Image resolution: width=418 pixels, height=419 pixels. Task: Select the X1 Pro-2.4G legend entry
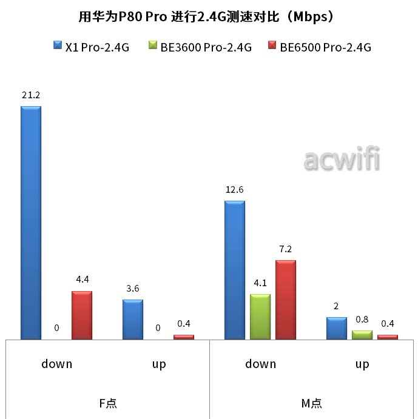92,47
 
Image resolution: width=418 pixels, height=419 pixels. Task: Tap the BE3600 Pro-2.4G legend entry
200,47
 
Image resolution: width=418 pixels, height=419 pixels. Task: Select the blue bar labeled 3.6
133,320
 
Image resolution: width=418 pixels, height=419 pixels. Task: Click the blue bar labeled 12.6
235,270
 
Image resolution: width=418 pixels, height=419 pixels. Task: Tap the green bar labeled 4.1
260,317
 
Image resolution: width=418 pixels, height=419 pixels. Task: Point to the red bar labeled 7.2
286,300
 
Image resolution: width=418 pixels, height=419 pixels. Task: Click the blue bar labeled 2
337,328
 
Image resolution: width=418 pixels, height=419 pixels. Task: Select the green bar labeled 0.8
362,335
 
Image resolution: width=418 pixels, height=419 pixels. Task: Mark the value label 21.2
31,96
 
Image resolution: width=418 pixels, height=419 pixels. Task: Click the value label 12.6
235,190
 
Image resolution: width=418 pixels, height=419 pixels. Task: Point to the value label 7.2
286,249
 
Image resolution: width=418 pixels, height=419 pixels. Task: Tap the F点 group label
107,403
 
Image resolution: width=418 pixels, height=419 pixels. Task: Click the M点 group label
312,403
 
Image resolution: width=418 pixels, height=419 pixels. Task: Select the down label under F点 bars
56,364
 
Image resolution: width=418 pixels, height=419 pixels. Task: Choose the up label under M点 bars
362,364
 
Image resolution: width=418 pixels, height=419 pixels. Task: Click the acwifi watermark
342,160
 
